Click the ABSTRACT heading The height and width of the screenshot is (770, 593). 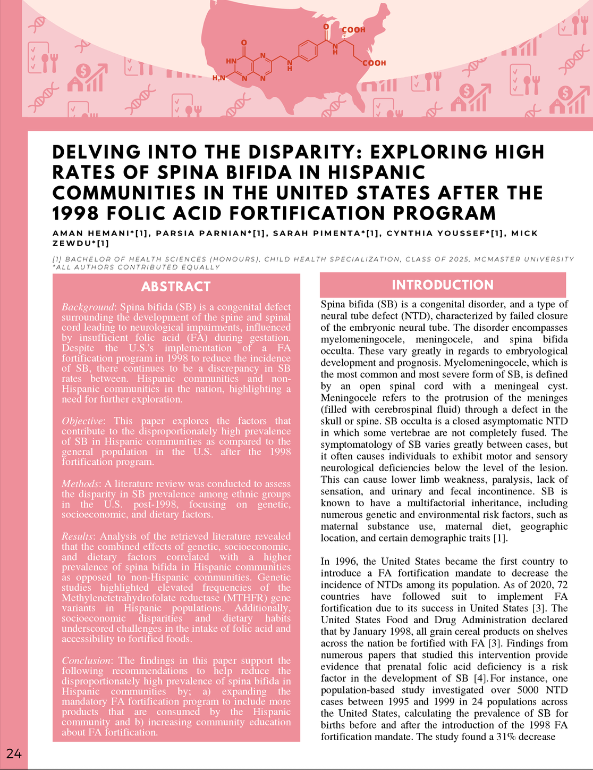(x=176, y=287)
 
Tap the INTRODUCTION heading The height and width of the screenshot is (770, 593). (x=442, y=285)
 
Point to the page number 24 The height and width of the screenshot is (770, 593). (x=14, y=753)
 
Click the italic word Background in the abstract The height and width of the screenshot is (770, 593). (x=88, y=307)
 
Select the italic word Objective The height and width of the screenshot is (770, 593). (x=84, y=421)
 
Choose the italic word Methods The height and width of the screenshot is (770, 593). (x=80, y=484)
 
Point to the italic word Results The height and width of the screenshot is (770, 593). (x=78, y=536)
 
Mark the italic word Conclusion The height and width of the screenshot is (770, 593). (x=87, y=660)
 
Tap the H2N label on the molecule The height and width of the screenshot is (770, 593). (x=219, y=79)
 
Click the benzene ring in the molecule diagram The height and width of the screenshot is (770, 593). (x=308, y=52)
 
